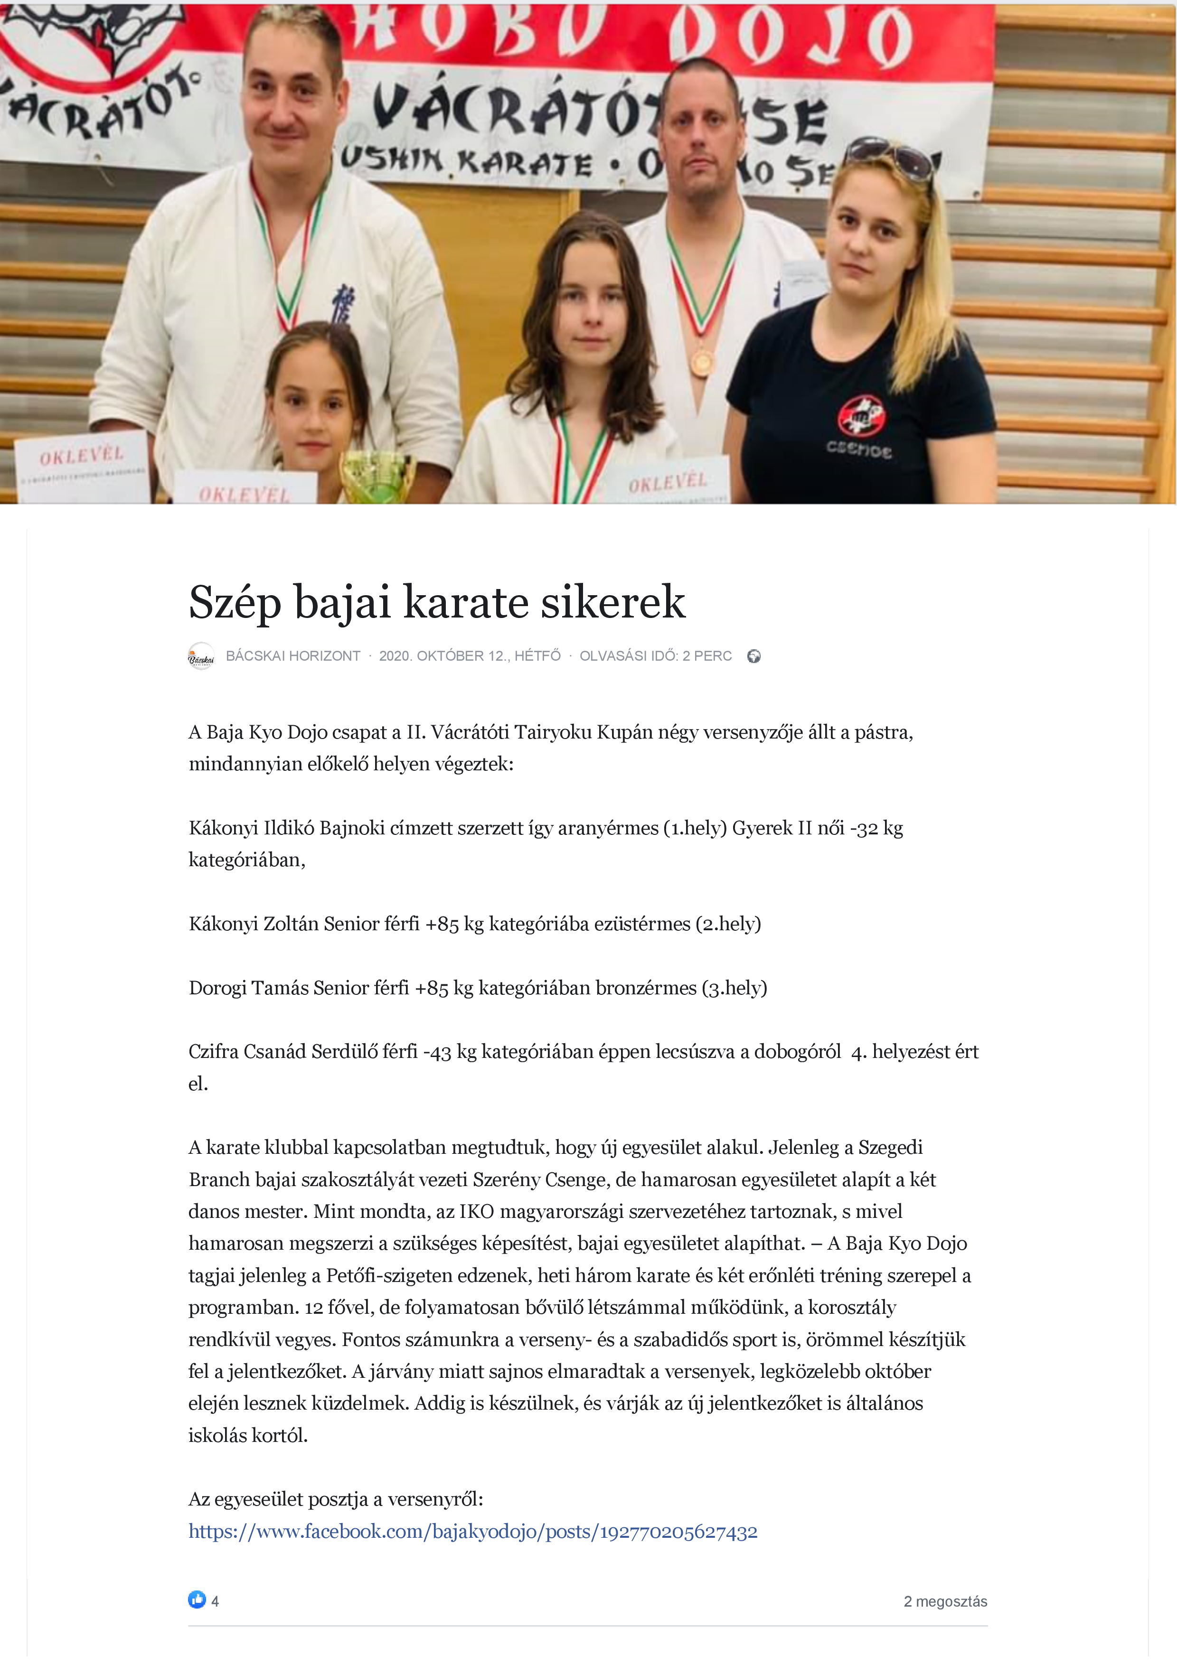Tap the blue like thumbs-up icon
(197, 1599)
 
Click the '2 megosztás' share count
(945, 1601)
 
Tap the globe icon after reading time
(754, 656)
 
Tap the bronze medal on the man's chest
(701, 360)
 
